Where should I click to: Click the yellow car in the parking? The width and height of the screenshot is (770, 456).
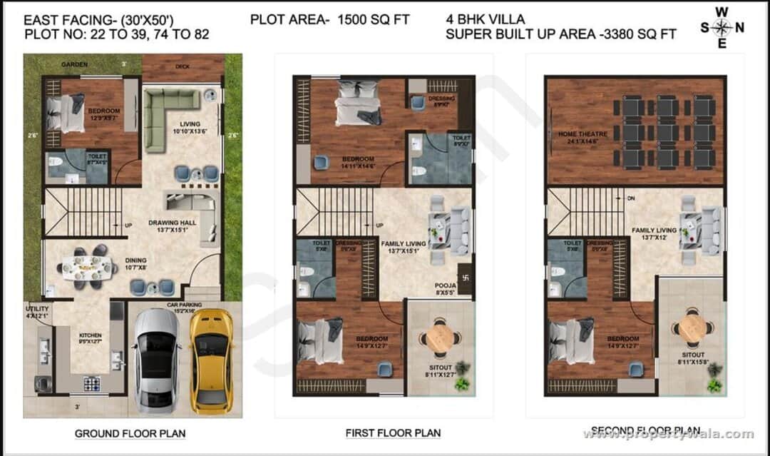pyautogui.click(x=212, y=360)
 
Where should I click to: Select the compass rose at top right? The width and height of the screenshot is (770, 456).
pyautogui.click(x=722, y=28)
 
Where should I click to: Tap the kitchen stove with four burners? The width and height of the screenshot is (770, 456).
pyautogui.click(x=93, y=383)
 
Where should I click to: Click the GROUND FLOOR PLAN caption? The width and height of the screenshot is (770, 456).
pyautogui.click(x=130, y=433)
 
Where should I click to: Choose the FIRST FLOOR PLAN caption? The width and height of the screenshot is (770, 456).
pyautogui.click(x=393, y=432)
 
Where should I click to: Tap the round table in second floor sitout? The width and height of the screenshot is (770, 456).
pyautogui.click(x=692, y=328)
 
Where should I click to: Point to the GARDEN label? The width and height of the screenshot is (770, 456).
pyautogui.click(x=74, y=64)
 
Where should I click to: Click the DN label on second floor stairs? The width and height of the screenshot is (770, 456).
pyautogui.click(x=630, y=198)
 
